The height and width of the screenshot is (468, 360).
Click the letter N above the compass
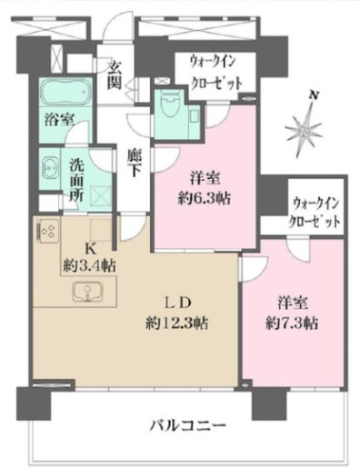point(314,95)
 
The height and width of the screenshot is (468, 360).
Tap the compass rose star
point(303,128)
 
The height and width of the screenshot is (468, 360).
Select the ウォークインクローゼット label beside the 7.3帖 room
point(316,212)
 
